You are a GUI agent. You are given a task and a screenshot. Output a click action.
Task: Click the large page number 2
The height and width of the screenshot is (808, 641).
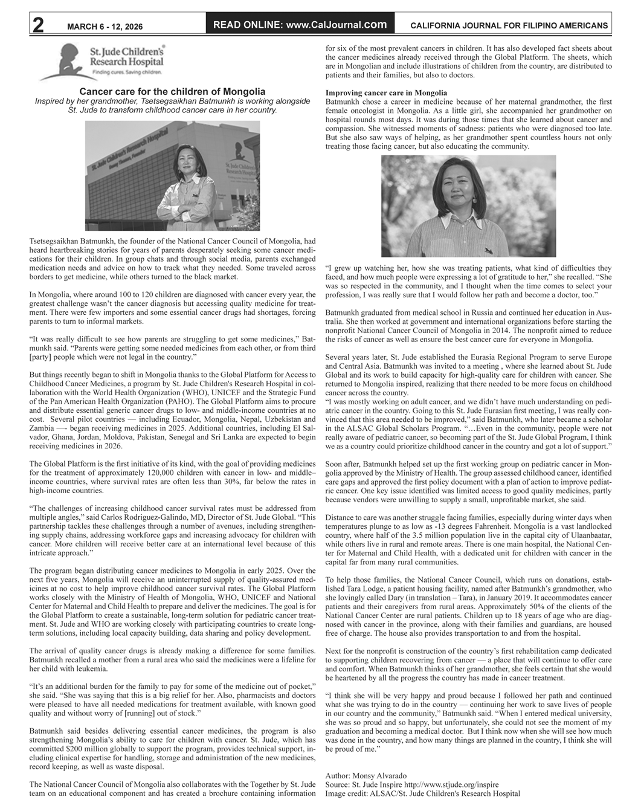(x=37, y=24)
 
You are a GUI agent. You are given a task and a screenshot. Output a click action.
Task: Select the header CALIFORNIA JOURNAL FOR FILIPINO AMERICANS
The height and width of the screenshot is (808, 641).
(x=509, y=26)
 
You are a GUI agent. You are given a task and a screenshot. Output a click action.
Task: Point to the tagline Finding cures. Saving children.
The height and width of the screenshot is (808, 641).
(x=126, y=72)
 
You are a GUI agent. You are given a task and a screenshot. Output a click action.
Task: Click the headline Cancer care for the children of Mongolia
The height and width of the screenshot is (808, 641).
(x=173, y=91)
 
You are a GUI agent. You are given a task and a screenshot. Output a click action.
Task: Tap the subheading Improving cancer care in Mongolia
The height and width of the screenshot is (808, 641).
(x=386, y=92)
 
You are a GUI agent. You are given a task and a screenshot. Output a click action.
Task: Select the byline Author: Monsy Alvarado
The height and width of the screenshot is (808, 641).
(x=366, y=775)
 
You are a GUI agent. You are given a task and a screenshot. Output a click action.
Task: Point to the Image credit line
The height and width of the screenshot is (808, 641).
(x=422, y=793)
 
